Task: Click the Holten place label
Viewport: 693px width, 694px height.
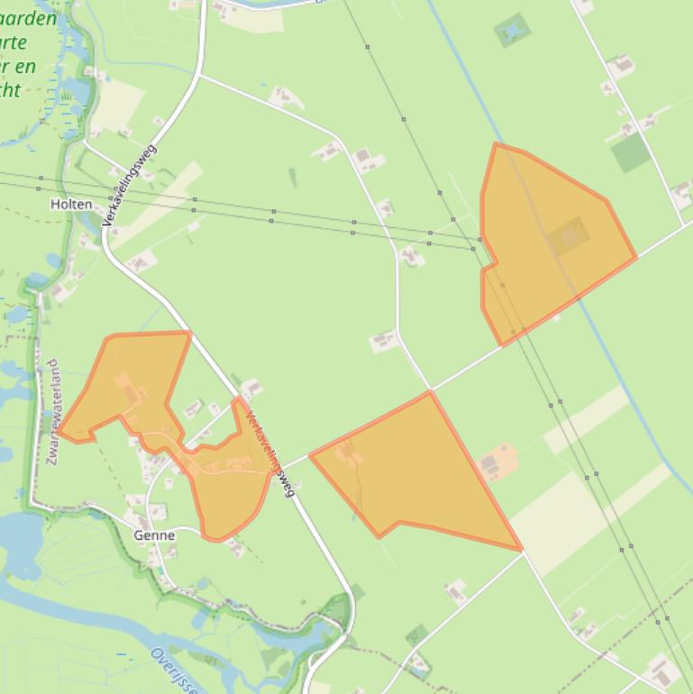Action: pos(71,205)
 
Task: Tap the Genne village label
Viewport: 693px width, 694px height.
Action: pos(154,534)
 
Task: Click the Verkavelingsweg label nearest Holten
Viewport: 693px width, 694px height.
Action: pos(132,185)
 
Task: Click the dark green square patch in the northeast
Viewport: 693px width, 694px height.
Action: pos(630,152)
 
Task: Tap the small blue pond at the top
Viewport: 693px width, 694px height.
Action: pos(512,32)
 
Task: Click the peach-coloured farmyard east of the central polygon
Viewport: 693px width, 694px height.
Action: pos(497,461)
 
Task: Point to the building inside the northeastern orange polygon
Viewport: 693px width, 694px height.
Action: pos(570,237)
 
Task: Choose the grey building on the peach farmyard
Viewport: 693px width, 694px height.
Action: pos(489,464)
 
